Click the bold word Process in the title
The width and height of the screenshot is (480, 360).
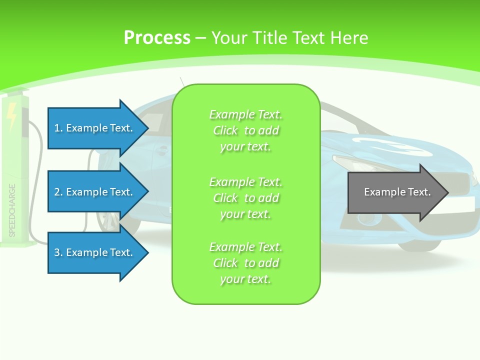157,38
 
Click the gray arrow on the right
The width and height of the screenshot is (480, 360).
395,192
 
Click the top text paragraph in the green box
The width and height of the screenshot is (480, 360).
245,130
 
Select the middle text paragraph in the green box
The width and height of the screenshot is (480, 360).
245,198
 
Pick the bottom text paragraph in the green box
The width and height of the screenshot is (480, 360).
245,263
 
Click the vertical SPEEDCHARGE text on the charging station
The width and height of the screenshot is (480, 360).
12,210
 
